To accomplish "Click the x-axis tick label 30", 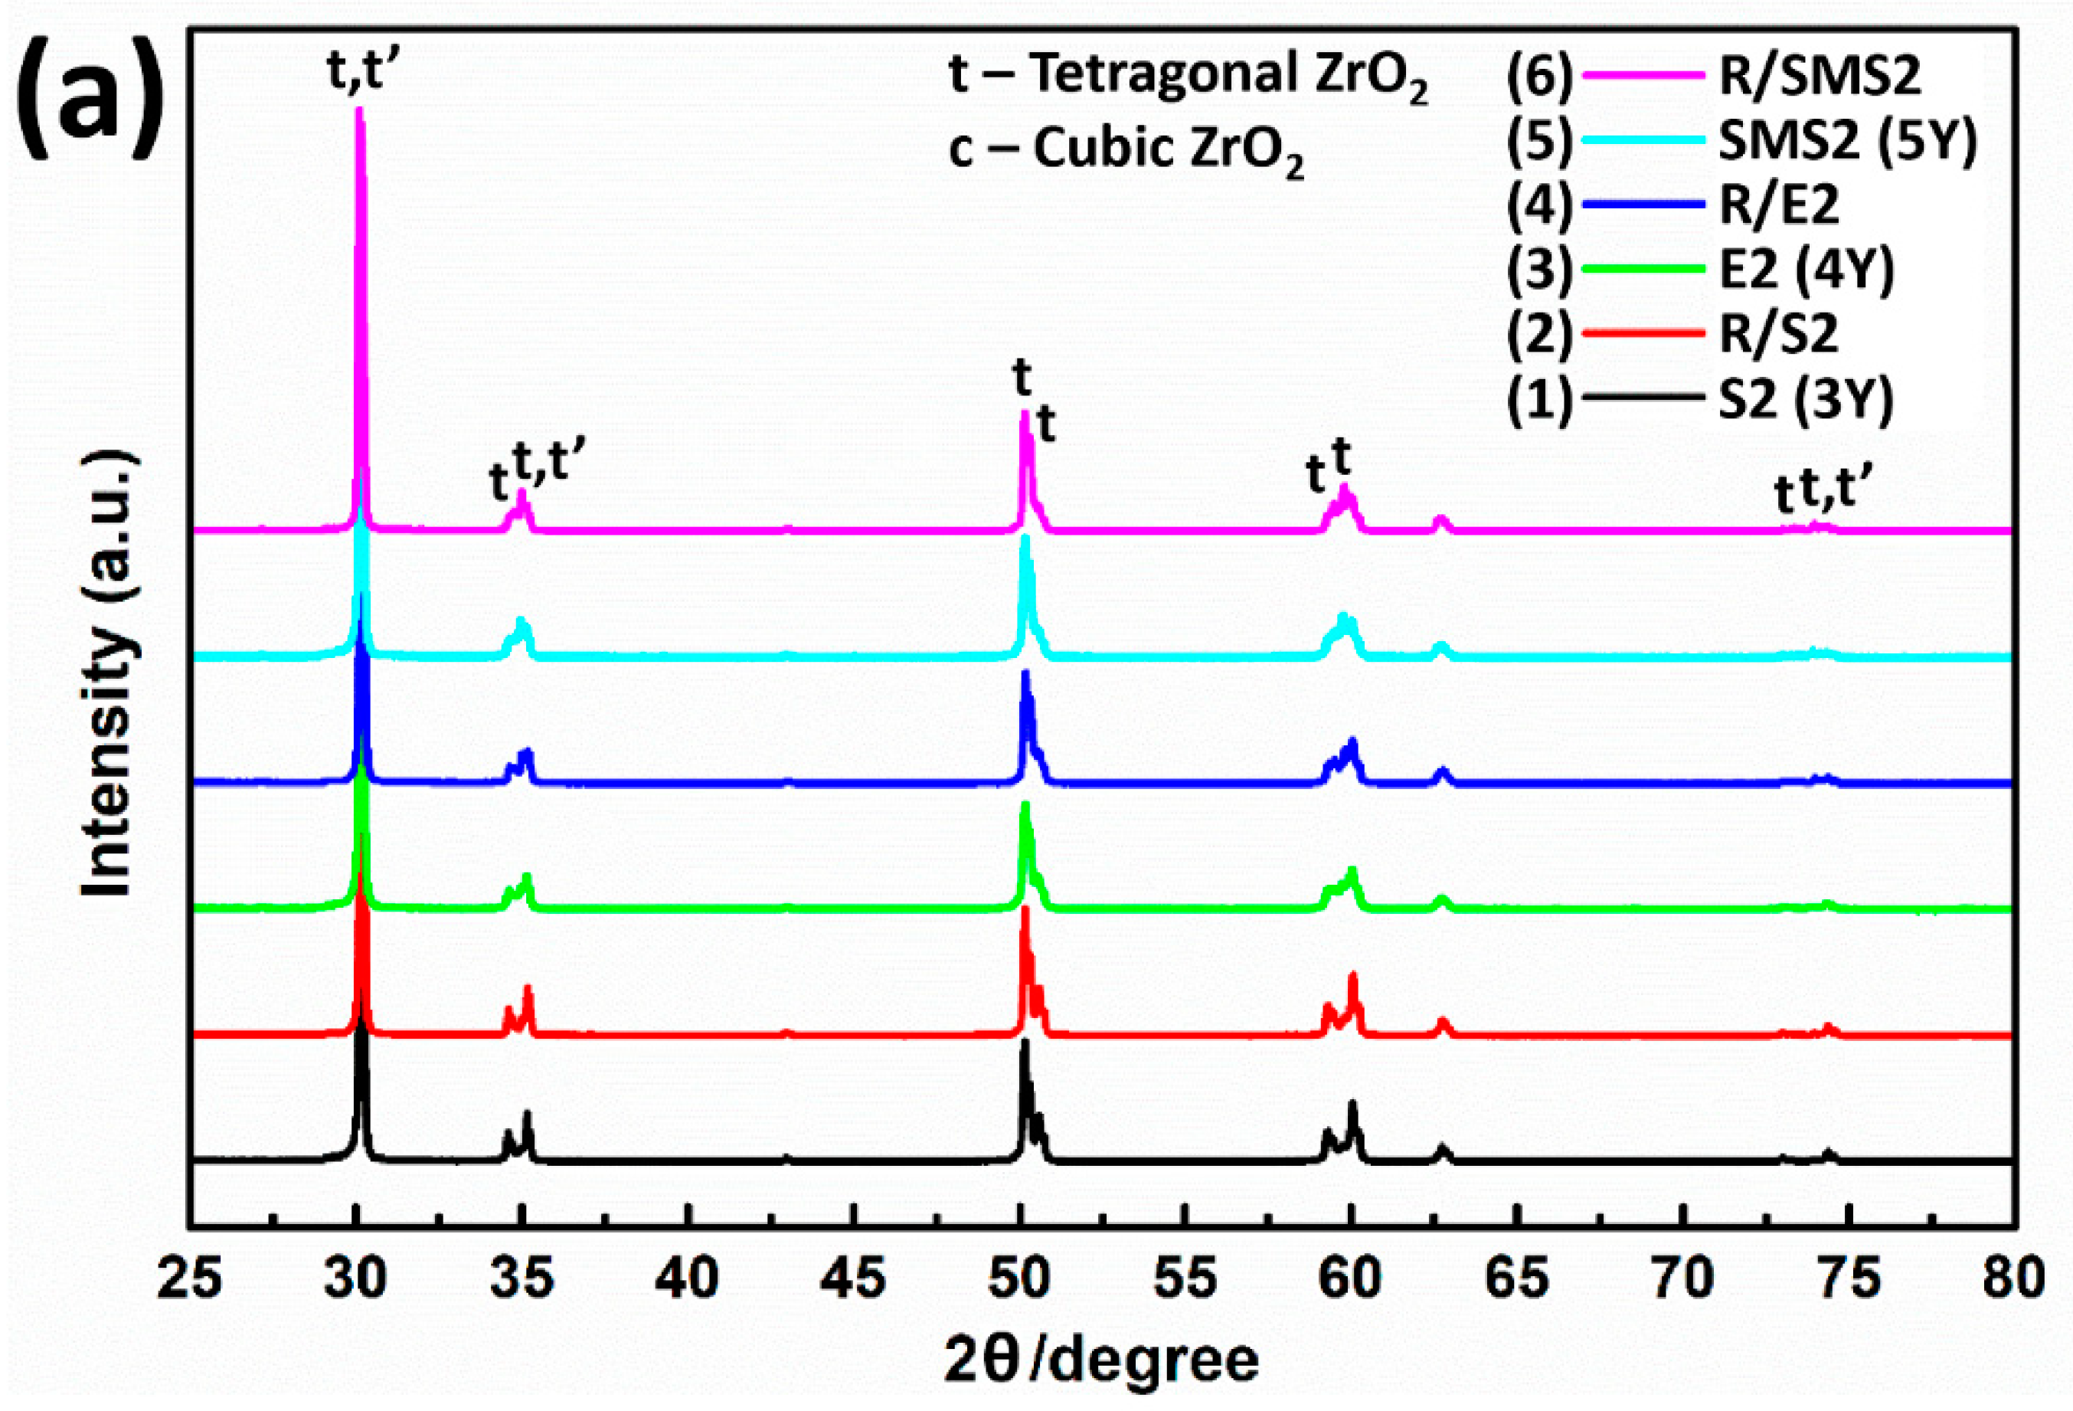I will (x=356, y=1279).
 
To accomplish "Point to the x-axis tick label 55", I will (x=1185, y=1279).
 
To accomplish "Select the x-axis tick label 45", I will (x=854, y=1279).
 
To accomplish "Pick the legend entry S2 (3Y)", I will (x=1806, y=399).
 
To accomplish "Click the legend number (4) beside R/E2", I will (x=1538, y=205).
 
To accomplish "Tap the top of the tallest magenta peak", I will (x=359, y=110).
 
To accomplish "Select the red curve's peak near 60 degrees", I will (x=1353, y=974).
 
